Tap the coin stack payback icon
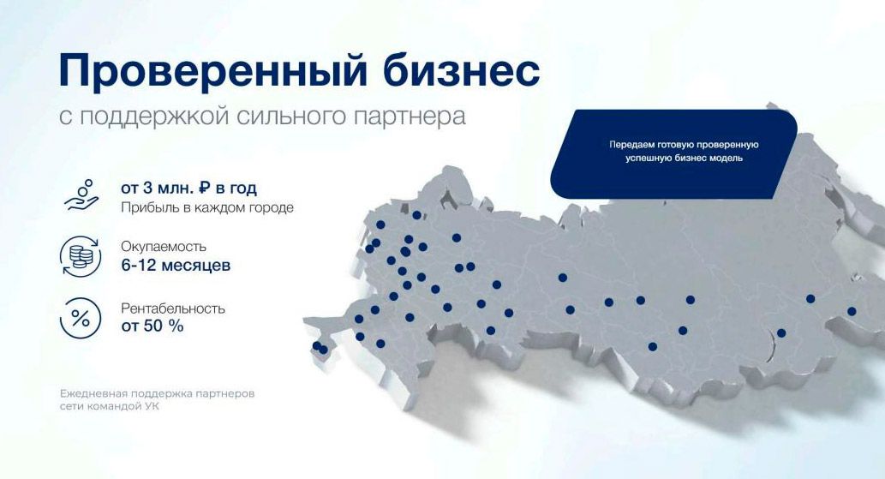point(80,255)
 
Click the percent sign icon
point(80,318)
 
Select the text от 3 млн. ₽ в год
point(188,188)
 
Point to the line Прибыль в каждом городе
point(207,208)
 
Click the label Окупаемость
point(164,247)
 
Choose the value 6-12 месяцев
point(176,266)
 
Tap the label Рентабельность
point(173,308)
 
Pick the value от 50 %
point(152,326)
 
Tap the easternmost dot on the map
point(852,311)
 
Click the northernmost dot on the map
point(417,215)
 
